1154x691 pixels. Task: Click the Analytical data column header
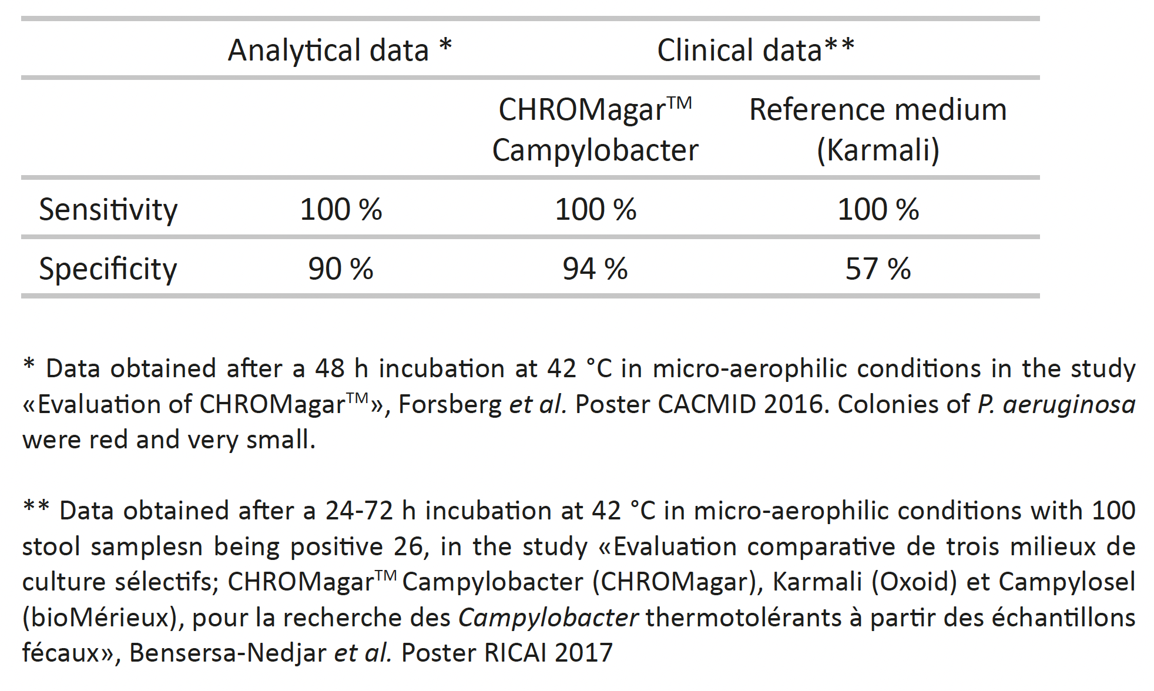click(x=339, y=50)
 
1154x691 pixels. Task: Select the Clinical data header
click(x=755, y=50)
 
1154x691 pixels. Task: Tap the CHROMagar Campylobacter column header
click(x=595, y=130)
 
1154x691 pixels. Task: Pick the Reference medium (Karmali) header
click(x=878, y=130)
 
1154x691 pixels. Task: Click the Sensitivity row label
click(x=108, y=210)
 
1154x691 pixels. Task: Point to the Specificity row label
click(x=108, y=269)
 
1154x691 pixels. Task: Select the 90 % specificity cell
click(x=341, y=269)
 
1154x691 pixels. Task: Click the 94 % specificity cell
click(x=595, y=269)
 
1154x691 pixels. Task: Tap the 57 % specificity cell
click(x=878, y=269)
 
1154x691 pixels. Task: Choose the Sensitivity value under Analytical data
click(x=341, y=210)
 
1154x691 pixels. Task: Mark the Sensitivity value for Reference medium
click(x=878, y=210)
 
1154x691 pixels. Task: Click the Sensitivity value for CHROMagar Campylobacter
click(x=595, y=210)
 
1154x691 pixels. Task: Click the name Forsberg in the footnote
click(x=449, y=404)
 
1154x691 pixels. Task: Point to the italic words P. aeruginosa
click(x=1056, y=404)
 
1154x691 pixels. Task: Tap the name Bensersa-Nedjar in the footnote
click(x=227, y=653)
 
